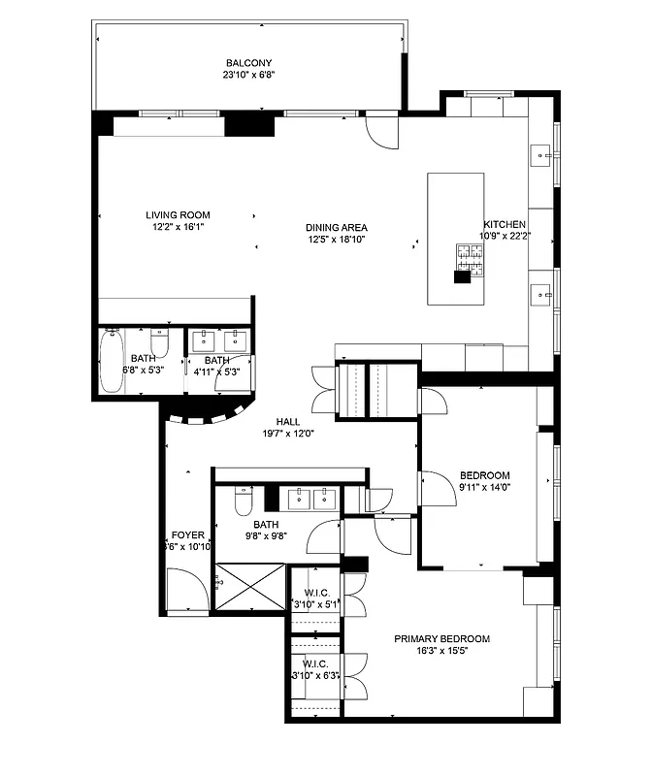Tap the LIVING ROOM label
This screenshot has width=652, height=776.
click(x=178, y=215)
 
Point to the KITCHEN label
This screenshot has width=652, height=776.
click(x=505, y=224)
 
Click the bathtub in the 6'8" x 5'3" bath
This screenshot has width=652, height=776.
click(x=112, y=361)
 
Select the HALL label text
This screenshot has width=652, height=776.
click(x=288, y=421)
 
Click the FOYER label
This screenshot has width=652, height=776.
click(x=187, y=535)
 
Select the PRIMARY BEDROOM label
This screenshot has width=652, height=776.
click(x=441, y=639)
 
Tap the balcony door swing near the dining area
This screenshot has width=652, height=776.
click(x=381, y=131)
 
